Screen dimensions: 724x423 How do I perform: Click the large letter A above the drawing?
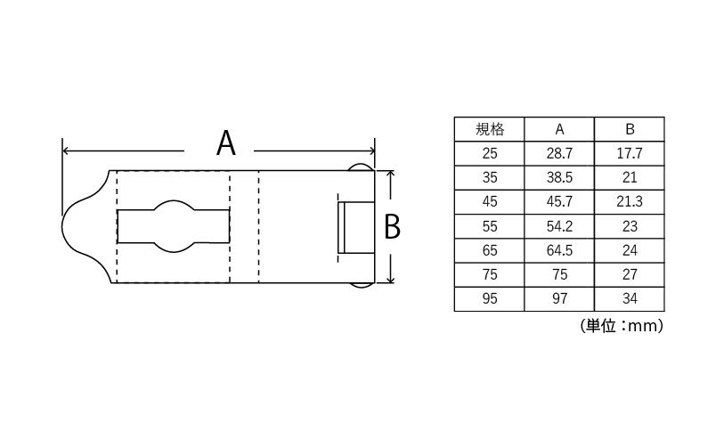pyautogui.click(x=226, y=142)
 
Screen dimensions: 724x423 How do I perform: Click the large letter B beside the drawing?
pyautogui.click(x=392, y=227)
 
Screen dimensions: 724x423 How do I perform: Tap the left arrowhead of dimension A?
pyautogui.click(x=66, y=150)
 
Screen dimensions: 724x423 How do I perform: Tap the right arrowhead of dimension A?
pyautogui.click(x=371, y=150)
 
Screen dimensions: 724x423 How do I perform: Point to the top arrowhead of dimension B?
pyautogui.click(x=391, y=174)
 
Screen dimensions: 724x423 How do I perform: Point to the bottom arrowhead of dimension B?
pyautogui.click(x=391, y=279)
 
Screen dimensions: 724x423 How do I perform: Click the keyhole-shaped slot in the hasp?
pyautogui.click(x=173, y=226)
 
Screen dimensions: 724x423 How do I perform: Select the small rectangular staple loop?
pyautogui.click(x=356, y=227)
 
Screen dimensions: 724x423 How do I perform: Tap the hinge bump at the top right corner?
pyautogui.click(x=359, y=167)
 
